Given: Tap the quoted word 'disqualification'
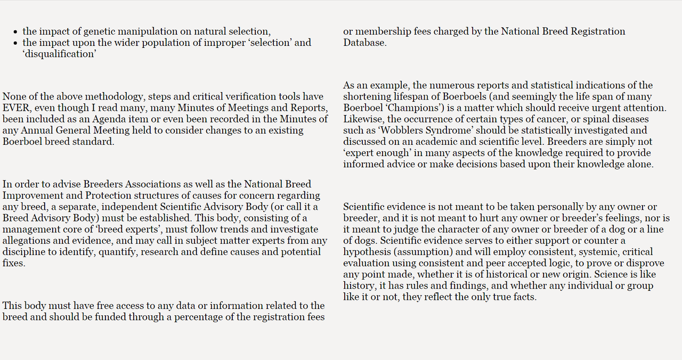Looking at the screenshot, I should [x=59, y=54].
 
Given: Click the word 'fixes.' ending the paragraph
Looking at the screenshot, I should [x=14, y=263].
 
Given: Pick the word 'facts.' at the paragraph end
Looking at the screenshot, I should [x=523, y=297].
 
